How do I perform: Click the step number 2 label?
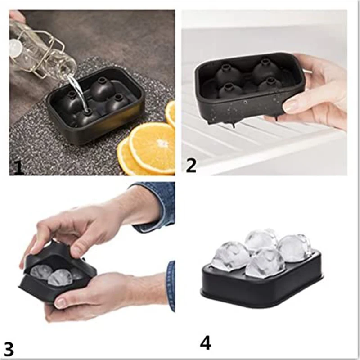coord(191,165)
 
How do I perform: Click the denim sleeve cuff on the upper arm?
coord(155,205)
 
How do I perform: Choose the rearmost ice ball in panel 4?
coord(261,239)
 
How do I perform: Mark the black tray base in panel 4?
coord(261,292)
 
